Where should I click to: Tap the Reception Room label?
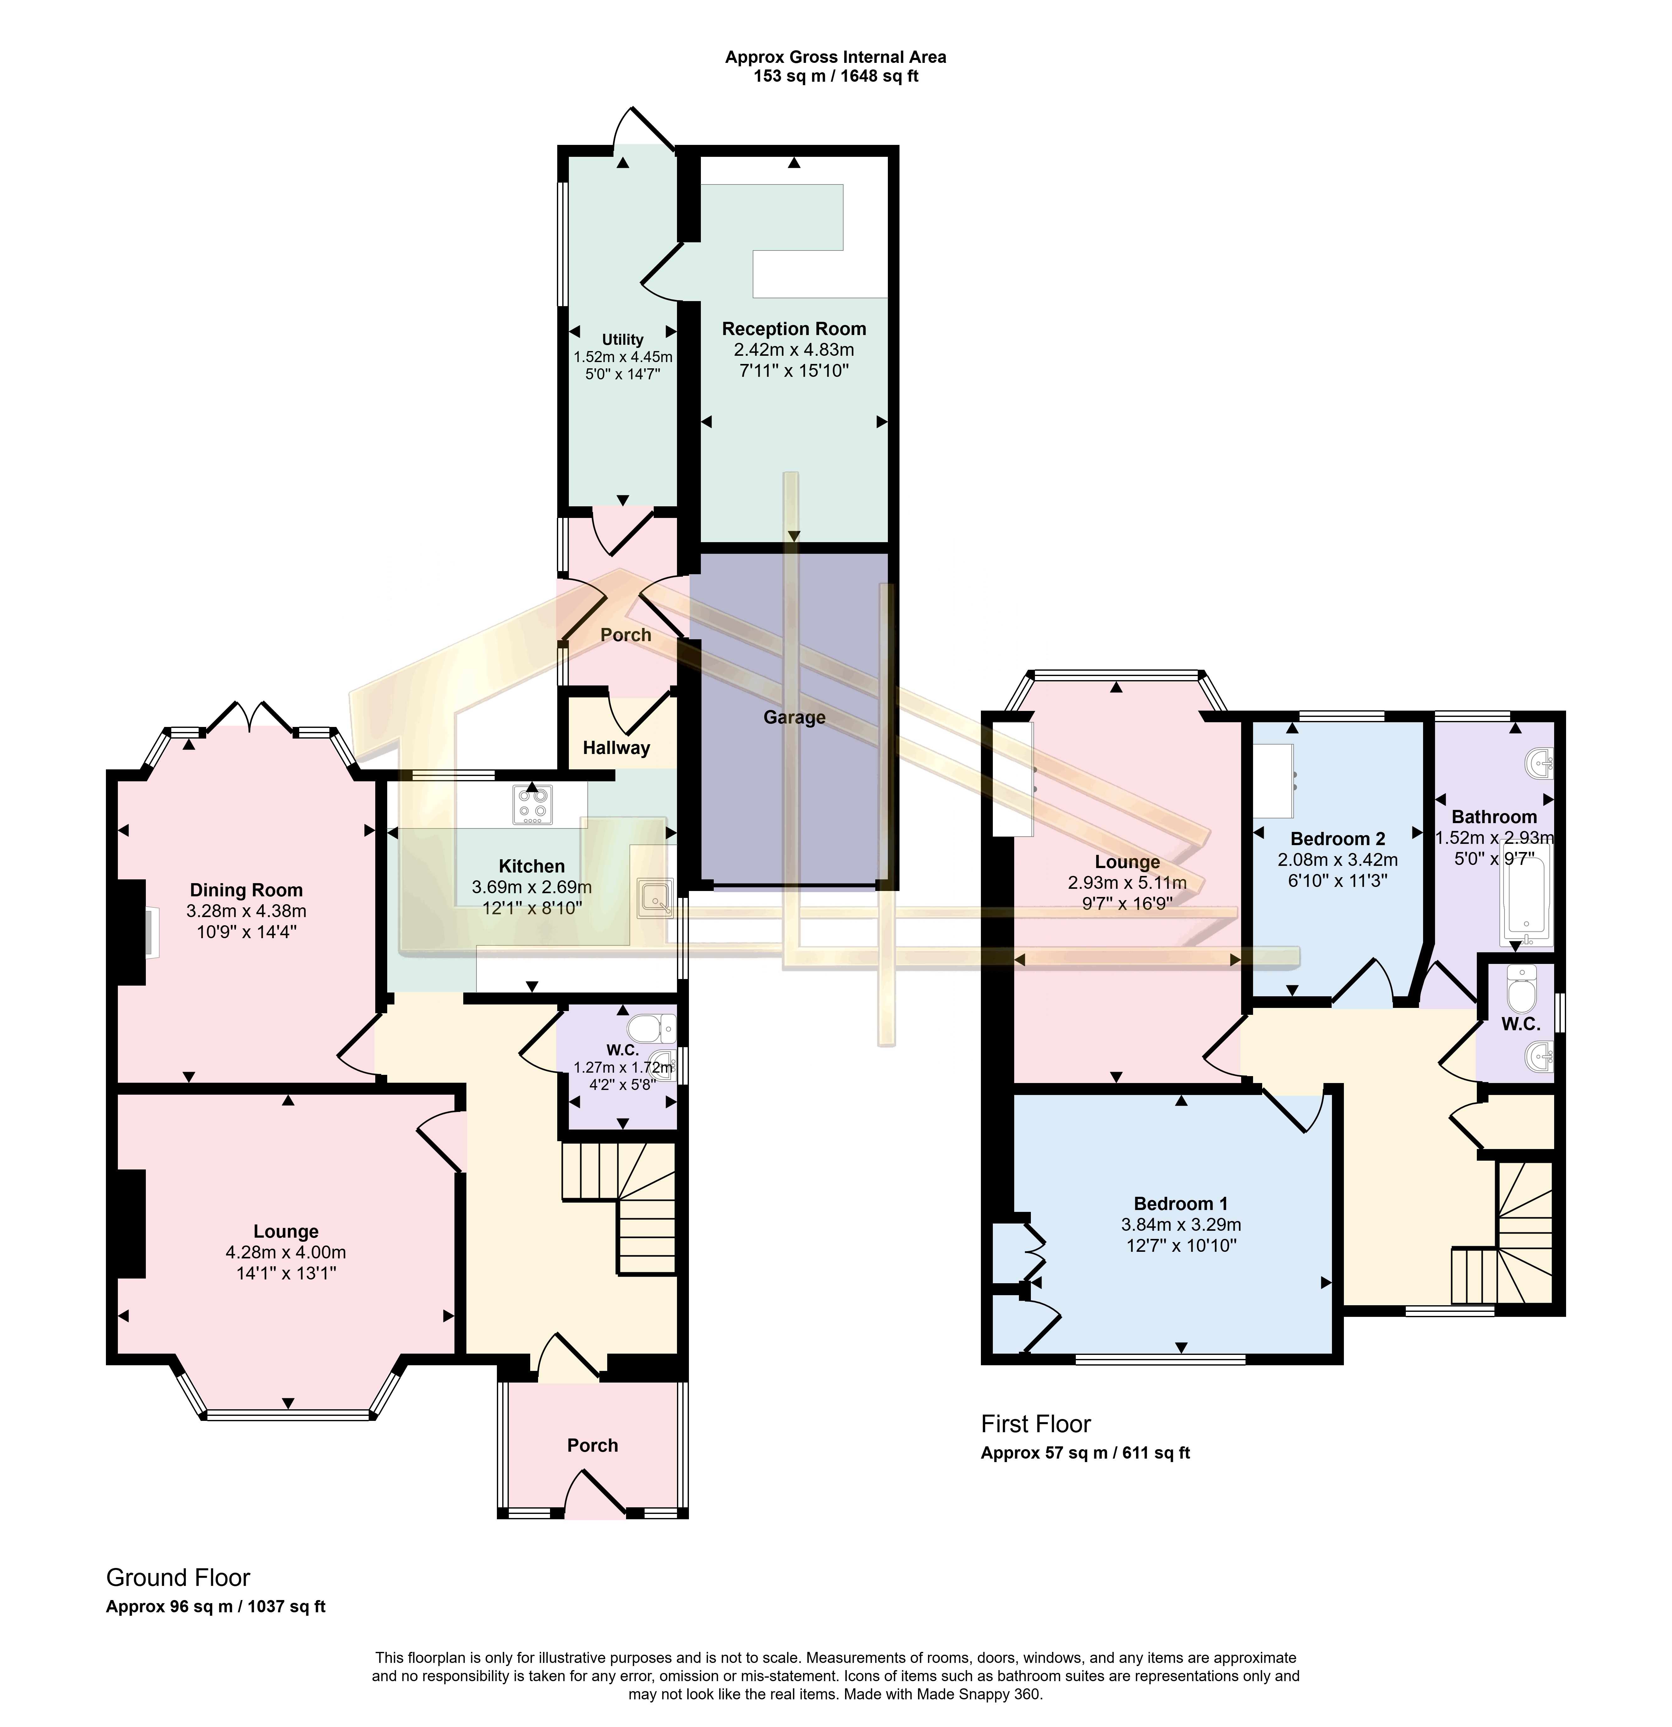pyautogui.click(x=794, y=329)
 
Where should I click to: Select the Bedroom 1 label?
pyautogui.click(x=1180, y=1204)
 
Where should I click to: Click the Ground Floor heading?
pyautogui.click(x=178, y=1577)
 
